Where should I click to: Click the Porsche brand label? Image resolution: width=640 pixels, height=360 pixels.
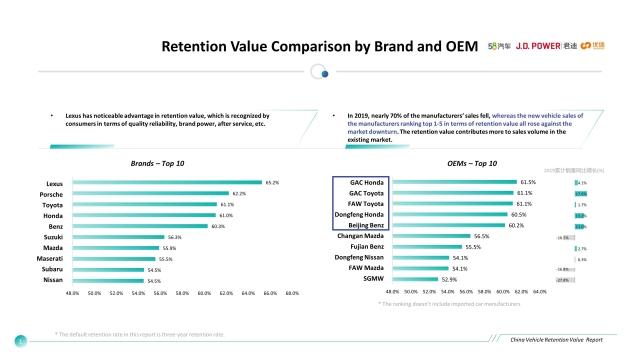pos(50,194)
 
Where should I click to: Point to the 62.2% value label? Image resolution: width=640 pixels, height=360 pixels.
pos(239,194)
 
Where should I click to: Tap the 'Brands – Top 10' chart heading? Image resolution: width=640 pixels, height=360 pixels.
pos(158,162)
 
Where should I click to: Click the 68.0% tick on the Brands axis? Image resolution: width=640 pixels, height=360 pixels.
pos(292,293)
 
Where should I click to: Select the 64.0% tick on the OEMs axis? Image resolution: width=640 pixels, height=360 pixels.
pos(539,292)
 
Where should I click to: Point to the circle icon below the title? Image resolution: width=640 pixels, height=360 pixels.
pos(319,71)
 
